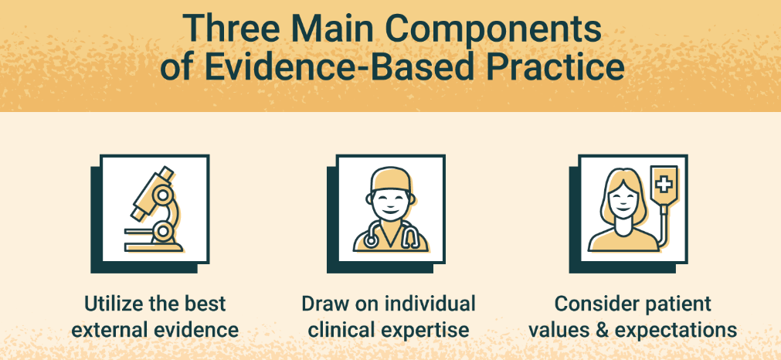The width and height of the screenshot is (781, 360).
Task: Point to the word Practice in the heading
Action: (550, 68)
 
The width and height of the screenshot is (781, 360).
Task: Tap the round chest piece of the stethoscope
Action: (371, 240)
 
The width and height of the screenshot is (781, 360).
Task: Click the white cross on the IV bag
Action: (663, 185)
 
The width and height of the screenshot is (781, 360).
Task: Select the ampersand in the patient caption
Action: (603, 330)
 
